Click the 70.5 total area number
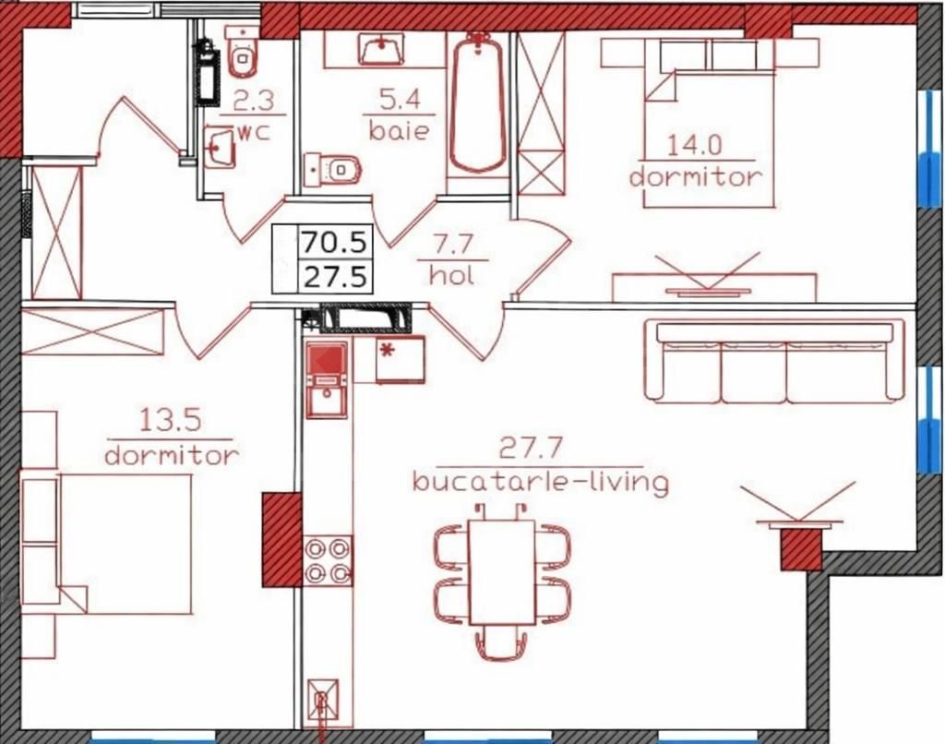pos(334,243)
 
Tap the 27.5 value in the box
pos(334,277)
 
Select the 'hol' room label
pos(452,275)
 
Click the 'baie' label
pos(399,130)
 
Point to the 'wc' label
pos(254,132)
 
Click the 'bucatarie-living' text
pos(540,483)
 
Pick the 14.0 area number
pos(694,145)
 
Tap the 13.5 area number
pos(170,420)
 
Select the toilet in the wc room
pos(243,52)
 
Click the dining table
pos(501,571)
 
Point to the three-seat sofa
pos(774,361)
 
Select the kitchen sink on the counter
pos(327,397)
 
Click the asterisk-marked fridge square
pos(400,359)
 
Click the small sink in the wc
pos(220,146)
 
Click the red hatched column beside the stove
pos(281,539)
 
